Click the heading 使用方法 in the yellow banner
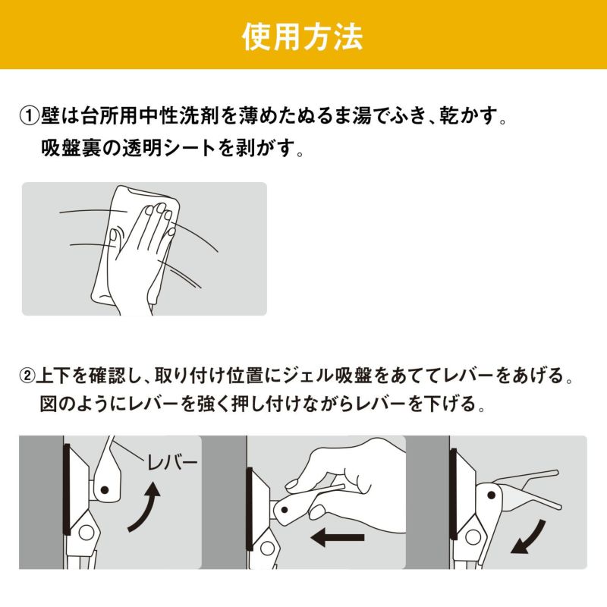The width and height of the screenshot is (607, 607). click(x=302, y=36)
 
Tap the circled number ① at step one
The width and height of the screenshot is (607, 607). click(x=30, y=116)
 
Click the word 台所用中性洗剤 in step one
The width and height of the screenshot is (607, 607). click(x=149, y=116)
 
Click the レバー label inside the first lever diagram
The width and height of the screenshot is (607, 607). click(x=172, y=463)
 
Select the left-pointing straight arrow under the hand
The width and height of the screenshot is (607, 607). click(x=338, y=537)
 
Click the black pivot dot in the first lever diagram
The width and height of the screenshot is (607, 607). click(x=104, y=489)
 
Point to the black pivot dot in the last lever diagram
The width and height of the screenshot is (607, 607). click(x=491, y=495)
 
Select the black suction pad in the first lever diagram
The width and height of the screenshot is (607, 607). click(x=67, y=489)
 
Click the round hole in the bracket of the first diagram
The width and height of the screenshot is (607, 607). click(x=86, y=533)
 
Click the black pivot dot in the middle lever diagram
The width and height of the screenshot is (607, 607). click(x=284, y=510)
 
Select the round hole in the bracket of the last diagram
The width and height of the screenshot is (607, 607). click(x=473, y=536)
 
